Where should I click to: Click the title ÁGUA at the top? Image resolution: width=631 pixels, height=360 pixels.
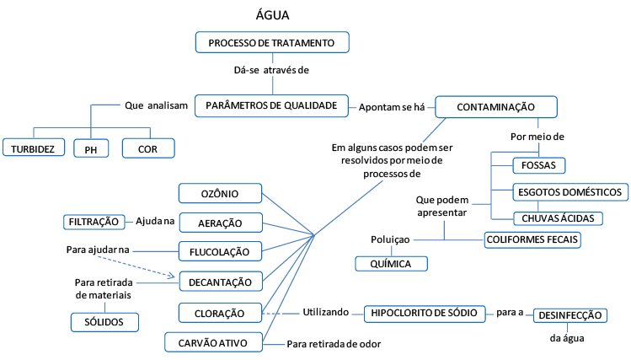point(273,15)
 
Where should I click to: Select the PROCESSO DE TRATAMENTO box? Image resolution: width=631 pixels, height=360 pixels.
point(271,42)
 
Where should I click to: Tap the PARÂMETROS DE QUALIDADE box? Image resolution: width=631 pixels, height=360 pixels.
point(271,105)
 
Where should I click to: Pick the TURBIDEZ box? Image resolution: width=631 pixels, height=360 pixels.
point(34,148)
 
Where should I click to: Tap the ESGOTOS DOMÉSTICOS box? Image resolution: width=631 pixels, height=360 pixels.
point(570,192)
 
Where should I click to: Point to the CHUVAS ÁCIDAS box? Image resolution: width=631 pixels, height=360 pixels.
point(558,218)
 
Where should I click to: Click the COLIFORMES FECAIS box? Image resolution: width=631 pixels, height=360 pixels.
point(532,239)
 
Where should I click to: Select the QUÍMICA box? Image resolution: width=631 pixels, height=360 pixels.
point(390,264)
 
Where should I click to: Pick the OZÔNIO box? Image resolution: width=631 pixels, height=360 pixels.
point(220,194)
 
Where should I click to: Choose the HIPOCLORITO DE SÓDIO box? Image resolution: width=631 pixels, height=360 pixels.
point(425,313)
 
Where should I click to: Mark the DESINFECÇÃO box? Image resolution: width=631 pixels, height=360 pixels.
point(570,315)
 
